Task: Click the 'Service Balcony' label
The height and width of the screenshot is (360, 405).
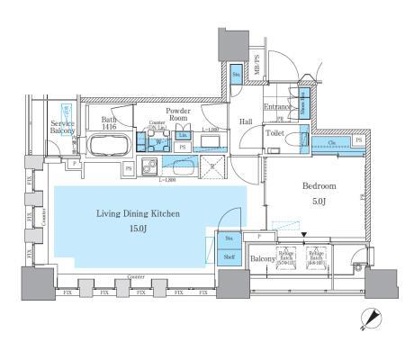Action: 62,127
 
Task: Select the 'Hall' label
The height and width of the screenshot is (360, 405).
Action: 245,121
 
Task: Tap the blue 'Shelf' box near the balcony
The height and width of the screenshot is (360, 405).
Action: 229,256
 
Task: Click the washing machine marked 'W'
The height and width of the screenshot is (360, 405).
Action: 158,141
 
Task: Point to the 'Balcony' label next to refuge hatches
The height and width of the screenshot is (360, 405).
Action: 262,258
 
